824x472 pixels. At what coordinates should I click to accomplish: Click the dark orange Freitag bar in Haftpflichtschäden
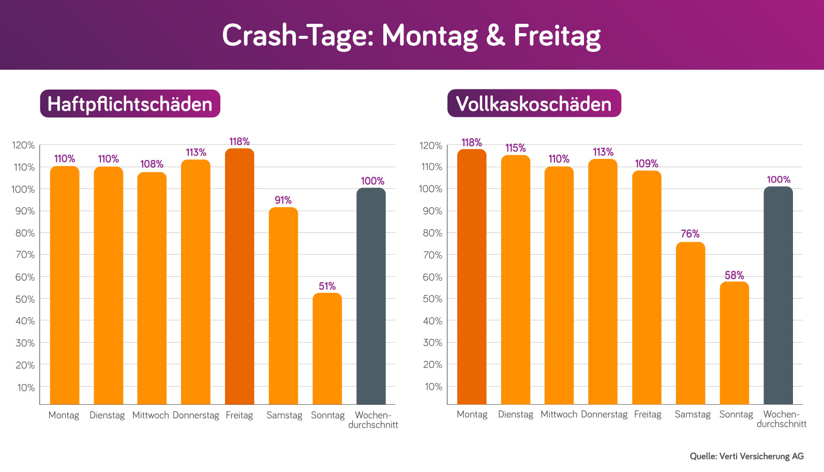[x=239, y=277]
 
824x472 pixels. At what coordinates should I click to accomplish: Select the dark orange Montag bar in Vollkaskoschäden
[x=472, y=277]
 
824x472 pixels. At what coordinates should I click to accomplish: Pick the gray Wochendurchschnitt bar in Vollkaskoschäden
[x=778, y=295]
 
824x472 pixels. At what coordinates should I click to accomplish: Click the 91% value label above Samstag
[x=283, y=200]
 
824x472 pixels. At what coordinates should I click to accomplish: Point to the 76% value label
[x=690, y=234]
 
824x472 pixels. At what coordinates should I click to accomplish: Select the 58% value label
[x=734, y=275]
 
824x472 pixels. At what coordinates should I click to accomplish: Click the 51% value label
[x=327, y=286]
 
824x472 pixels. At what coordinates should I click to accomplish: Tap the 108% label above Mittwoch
[x=152, y=164]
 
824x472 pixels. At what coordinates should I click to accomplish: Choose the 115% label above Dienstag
[x=515, y=148]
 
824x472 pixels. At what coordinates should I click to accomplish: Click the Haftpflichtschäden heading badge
[x=130, y=104]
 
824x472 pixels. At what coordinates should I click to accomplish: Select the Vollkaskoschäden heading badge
[x=534, y=104]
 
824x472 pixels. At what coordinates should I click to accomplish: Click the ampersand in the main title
[x=495, y=36]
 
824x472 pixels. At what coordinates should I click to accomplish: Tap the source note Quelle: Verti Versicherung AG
[x=746, y=456]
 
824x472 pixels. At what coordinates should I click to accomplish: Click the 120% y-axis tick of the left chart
[x=23, y=145]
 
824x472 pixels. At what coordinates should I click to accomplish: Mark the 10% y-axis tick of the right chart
[x=433, y=387]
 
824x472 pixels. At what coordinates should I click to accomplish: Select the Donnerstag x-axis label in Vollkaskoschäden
[x=604, y=415]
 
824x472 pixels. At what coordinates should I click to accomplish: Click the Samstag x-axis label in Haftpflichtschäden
[x=284, y=415]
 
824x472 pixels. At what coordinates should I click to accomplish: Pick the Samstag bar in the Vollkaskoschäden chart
[x=690, y=323]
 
